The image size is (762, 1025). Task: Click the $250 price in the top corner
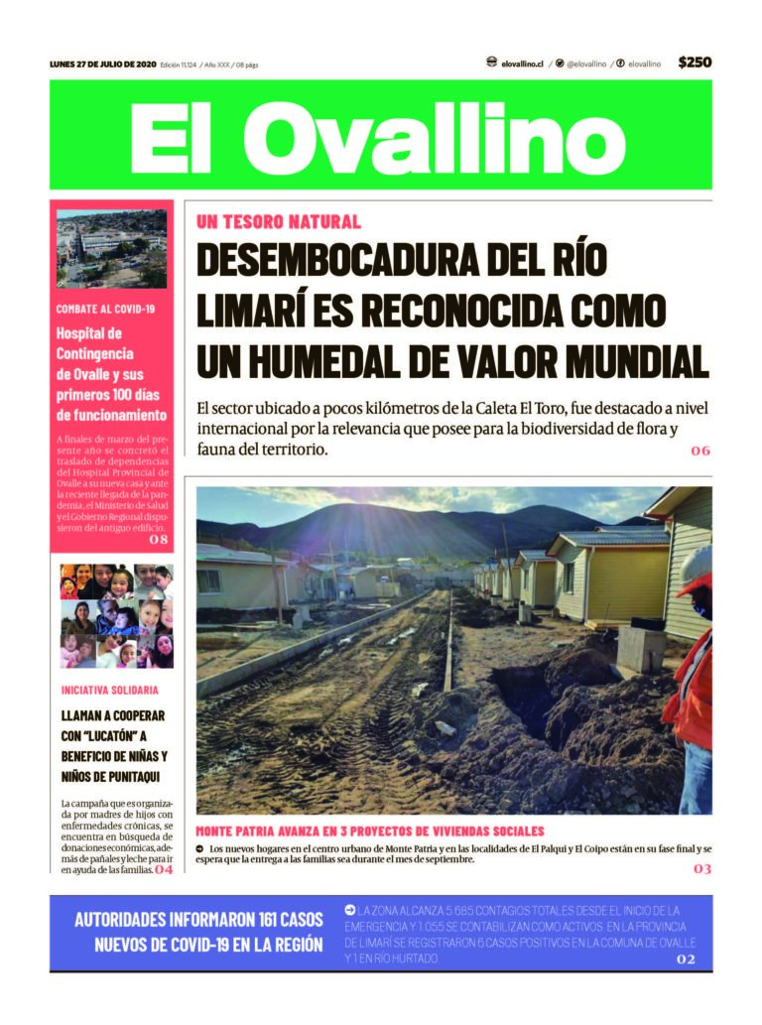tap(695, 63)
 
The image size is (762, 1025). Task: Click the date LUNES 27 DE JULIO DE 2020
tap(102, 64)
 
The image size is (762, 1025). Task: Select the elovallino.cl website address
tap(522, 64)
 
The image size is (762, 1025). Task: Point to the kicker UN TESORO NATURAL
tap(279, 222)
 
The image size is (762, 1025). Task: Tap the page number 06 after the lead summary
tap(700, 450)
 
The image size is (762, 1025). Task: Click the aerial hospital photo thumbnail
tap(111, 248)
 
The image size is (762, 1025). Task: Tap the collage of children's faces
tap(116, 615)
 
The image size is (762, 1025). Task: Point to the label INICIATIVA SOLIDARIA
tap(109, 690)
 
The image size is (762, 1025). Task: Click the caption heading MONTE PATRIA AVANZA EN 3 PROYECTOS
tap(369, 831)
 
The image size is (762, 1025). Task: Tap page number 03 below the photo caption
tap(701, 869)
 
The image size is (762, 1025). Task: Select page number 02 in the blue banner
tap(686, 960)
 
